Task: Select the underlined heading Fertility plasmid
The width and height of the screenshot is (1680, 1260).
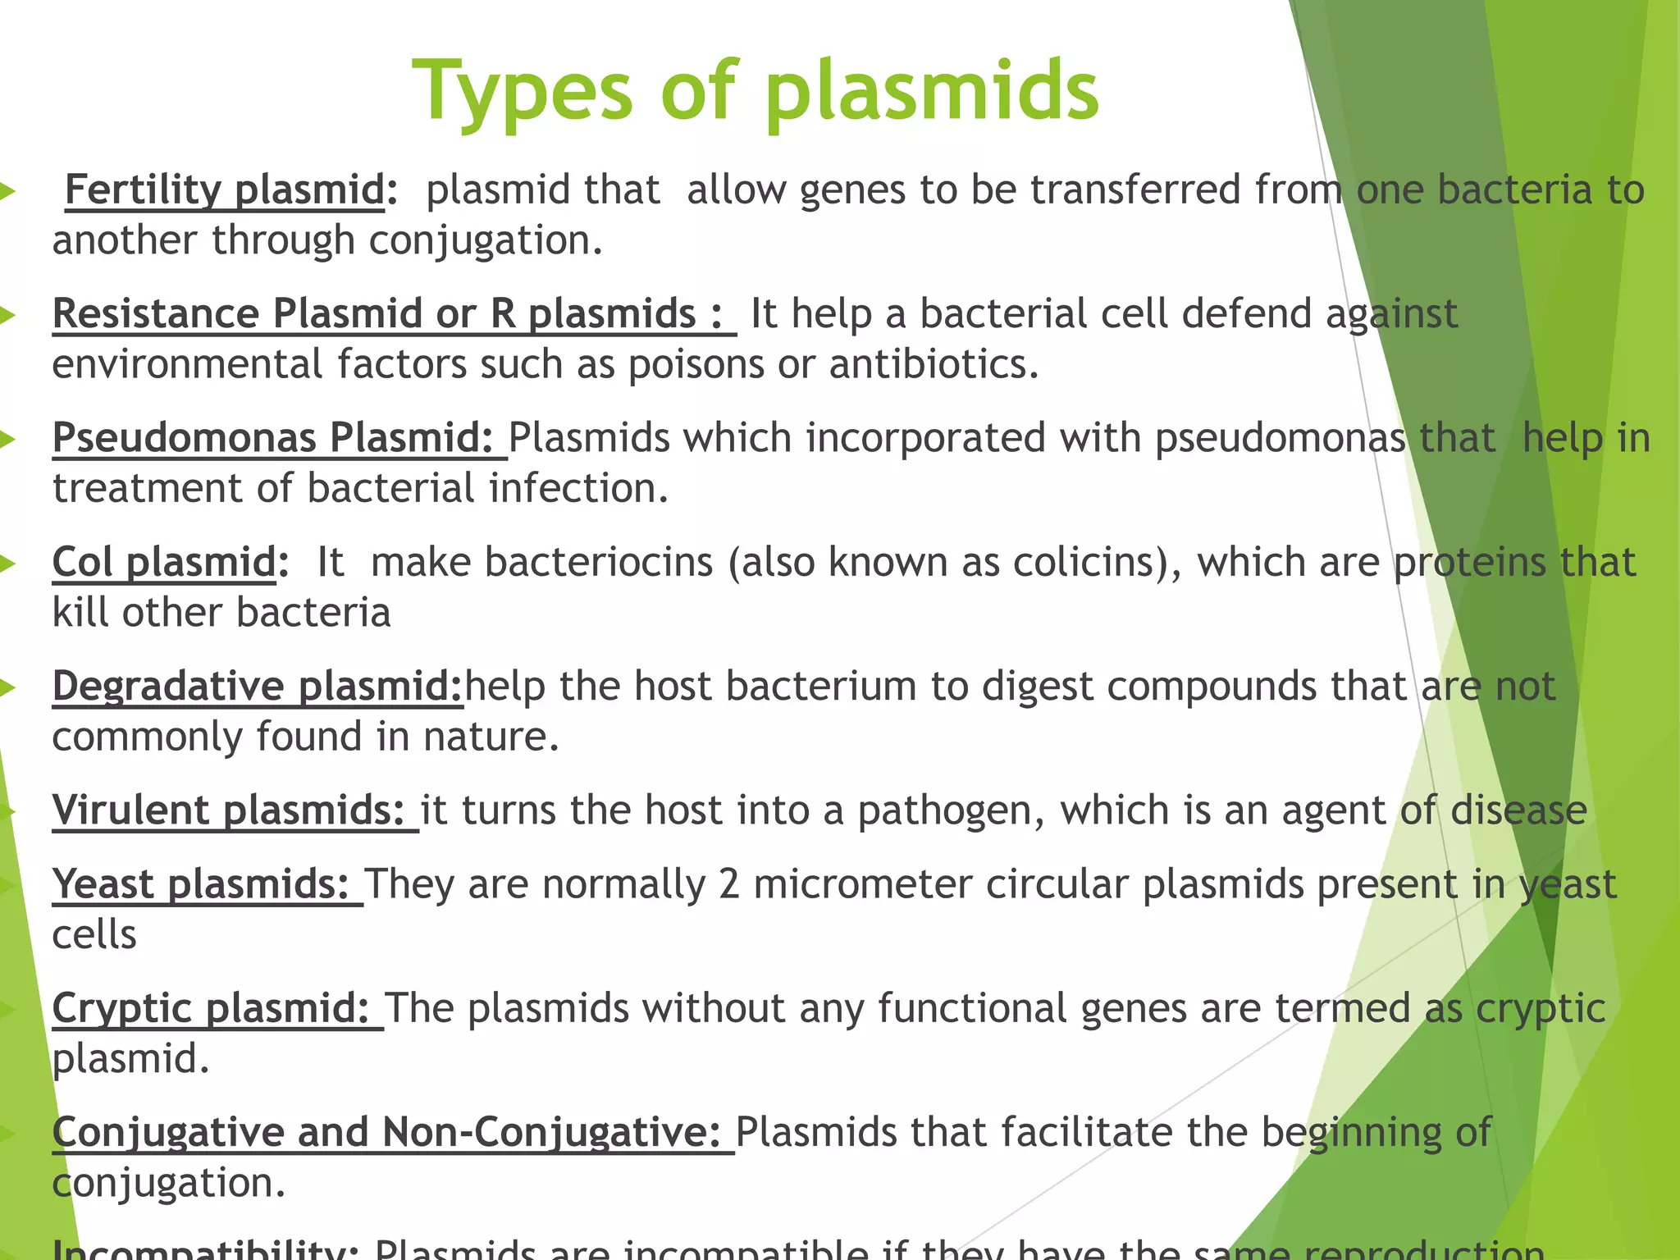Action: (224, 190)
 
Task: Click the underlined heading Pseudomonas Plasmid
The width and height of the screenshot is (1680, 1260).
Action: (272, 438)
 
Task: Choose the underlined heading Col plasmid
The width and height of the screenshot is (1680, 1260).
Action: (164, 563)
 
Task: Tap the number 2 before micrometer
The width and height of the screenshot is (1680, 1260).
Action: (729, 885)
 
